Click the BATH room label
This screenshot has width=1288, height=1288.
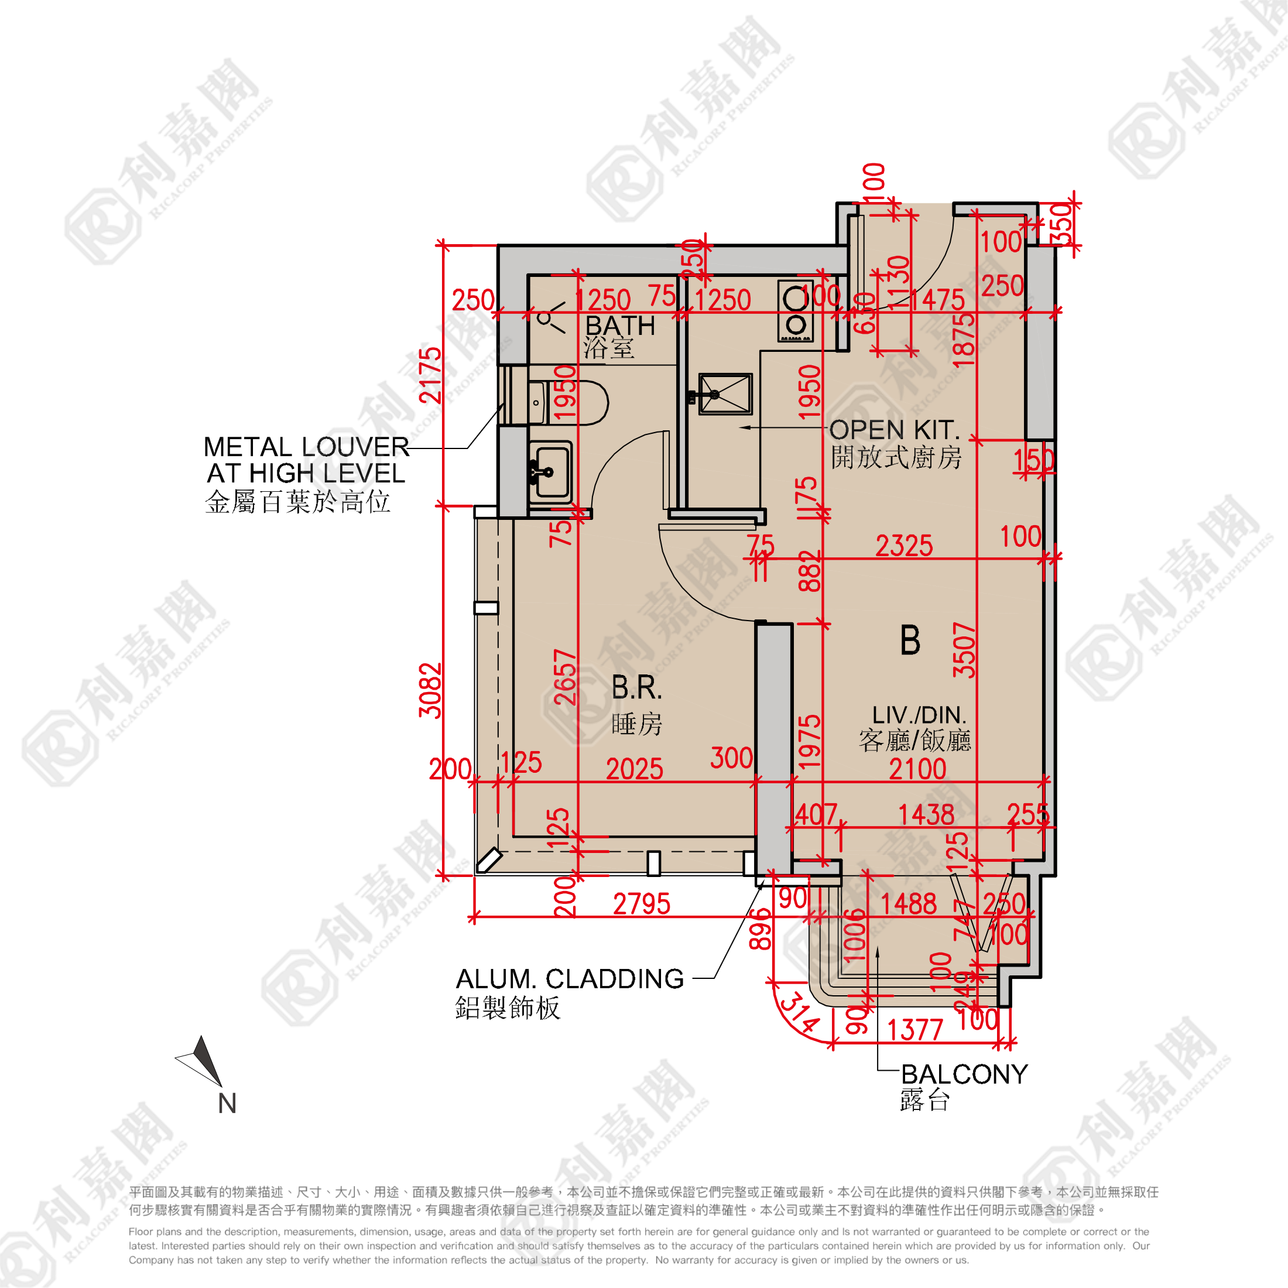point(619,326)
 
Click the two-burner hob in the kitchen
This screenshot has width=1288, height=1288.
point(795,311)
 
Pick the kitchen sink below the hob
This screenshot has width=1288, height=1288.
point(725,393)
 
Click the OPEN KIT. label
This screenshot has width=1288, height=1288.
point(895,430)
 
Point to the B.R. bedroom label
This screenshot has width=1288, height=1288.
point(636,688)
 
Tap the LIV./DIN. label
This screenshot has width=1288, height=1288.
point(919,715)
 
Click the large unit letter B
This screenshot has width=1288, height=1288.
point(910,640)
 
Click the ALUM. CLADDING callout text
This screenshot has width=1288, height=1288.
point(570,979)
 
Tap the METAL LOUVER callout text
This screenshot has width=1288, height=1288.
point(306,447)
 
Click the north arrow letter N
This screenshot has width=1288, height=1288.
point(227,1104)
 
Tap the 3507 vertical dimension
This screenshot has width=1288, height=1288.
point(964,650)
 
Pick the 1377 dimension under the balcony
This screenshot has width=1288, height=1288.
point(914,1030)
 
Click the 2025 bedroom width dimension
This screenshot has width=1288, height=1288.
point(634,769)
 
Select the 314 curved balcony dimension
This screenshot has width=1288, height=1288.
point(799,1013)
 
